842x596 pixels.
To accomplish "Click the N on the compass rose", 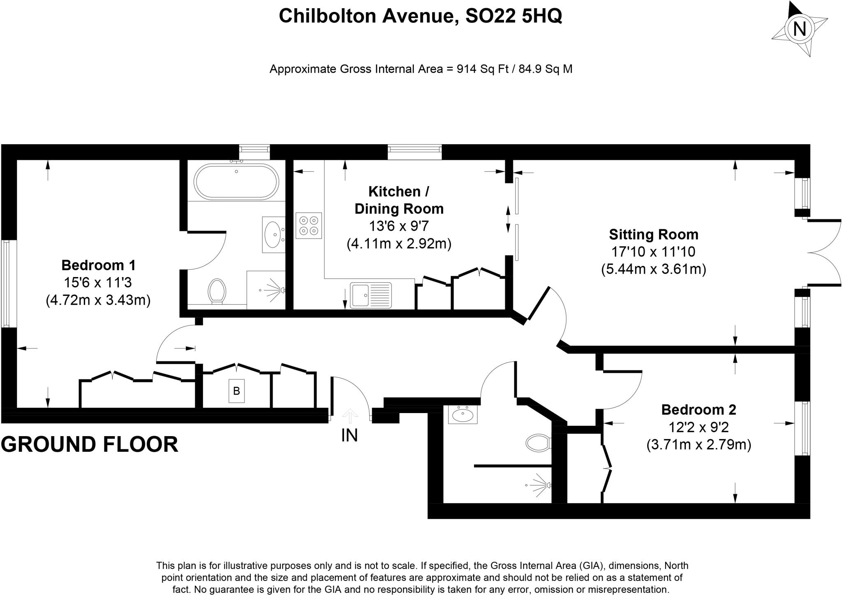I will coord(799,29).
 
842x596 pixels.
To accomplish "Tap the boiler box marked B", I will coord(236,390).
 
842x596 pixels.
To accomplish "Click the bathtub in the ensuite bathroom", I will coord(236,182).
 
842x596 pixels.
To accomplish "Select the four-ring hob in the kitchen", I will coord(309,226).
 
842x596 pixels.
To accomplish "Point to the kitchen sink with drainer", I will coord(370,295).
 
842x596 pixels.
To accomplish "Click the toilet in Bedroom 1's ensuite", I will coord(217,291).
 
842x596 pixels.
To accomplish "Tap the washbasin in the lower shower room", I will coord(463,415).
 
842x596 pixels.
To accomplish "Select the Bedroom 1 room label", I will coord(98,265).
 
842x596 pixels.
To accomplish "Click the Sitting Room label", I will coord(653,234).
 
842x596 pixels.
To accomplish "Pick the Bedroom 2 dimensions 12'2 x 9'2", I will coord(699,427).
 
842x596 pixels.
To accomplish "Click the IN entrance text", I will coord(349,435).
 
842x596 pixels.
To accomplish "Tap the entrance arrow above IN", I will coord(350,416).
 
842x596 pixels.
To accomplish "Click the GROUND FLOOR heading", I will coord(90,444).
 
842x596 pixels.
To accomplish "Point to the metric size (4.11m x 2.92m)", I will coord(399,244).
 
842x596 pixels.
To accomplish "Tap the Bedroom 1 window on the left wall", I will coord(6,284).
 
